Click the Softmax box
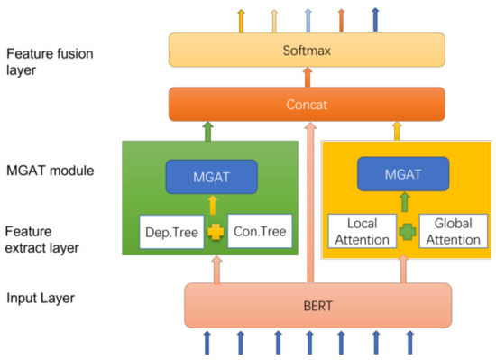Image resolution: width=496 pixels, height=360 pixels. [307, 50]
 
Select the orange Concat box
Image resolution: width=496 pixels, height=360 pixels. [307, 104]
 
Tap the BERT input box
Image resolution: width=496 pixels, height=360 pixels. [317, 305]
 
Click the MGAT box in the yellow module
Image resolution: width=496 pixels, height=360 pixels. [403, 172]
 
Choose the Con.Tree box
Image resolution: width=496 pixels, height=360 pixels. [260, 231]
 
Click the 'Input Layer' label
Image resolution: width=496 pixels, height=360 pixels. [41, 297]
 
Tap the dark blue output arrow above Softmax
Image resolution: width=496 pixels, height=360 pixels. [374, 18]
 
